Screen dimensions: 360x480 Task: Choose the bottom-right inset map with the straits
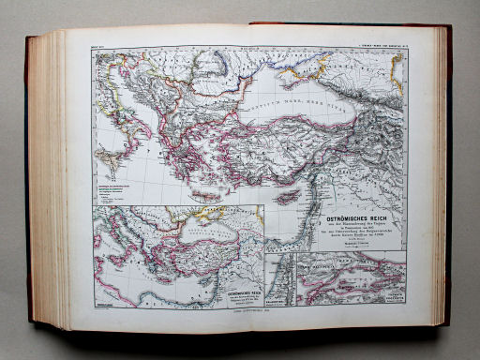tap(352, 276)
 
